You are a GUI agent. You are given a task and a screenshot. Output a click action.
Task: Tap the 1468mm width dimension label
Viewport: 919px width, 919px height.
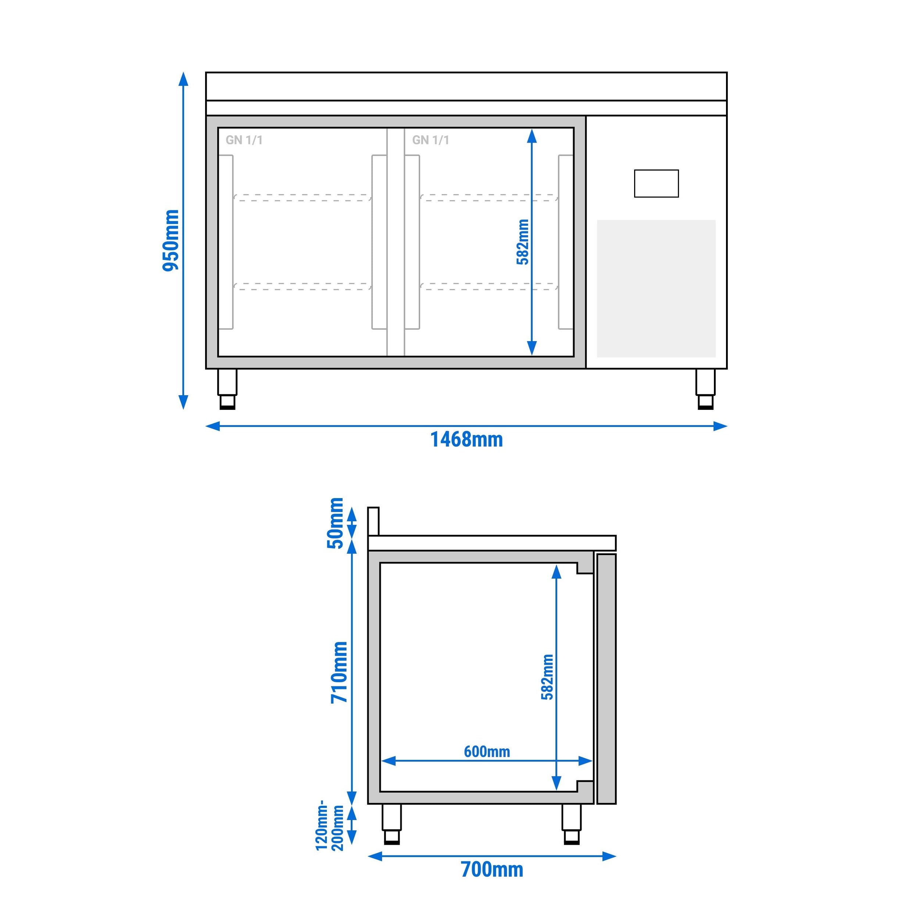pyautogui.click(x=466, y=440)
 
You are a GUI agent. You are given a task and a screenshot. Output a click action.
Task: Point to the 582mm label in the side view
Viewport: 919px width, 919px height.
pyautogui.click(x=547, y=677)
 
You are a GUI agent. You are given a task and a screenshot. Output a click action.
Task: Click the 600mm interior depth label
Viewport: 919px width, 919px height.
pyautogui.click(x=487, y=752)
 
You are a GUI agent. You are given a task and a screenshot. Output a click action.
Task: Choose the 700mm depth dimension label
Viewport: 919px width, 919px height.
pyautogui.click(x=492, y=869)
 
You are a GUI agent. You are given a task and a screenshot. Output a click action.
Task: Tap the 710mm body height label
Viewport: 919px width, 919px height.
pyautogui.click(x=340, y=672)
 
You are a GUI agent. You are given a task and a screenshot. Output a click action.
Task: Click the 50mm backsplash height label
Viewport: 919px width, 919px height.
pyautogui.click(x=335, y=523)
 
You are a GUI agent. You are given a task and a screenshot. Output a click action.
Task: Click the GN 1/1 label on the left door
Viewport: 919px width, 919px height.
pyautogui.click(x=244, y=140)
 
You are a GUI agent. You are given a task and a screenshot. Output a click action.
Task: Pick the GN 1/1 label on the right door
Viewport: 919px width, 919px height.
pyautogui.click(x=430, y=140)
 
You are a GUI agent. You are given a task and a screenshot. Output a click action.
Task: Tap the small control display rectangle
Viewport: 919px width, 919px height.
pyautogui.click(x=656, y=183)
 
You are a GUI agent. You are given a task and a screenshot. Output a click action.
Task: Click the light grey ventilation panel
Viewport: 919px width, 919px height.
pyautogui.click(x=656, y=288)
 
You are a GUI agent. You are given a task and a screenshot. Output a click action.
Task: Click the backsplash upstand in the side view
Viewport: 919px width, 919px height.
pyautogui.click(x=373, y=521)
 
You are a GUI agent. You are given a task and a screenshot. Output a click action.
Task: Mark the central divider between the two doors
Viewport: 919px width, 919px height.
pyautogui.click(x=395, y=242)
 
